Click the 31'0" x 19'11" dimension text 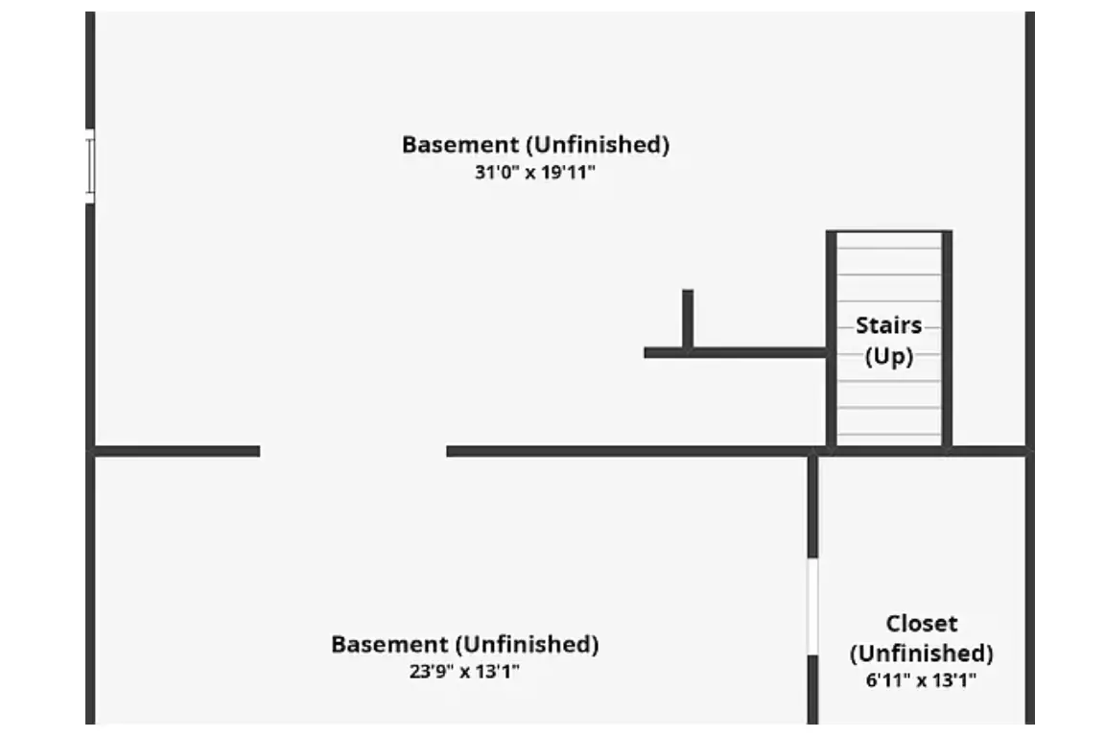pyautogui.click(x=535, y=172)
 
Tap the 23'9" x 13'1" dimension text pyautogui.click(x=464, y=672)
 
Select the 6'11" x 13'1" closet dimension pyautogui.click(x=921, y=680)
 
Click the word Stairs pyautogui.click(x=888, y=325)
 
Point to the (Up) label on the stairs pyautogui.click(x=888, y=356)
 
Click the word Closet pyautogui.click(x=922, y=624)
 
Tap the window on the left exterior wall pyautogui.click(x=89, y=166)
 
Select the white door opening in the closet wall pyautogui.click(x=812, y=606)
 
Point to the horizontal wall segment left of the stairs pyautogui.click(x=735, y=352)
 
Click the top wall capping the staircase pyautogui.click(x=889, y=232)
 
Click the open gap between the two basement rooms pyautogui.click(x=353, y=451)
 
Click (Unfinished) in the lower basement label pyautogui.click(x=528, y=645)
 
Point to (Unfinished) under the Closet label pyautogui.click(x=922, y=654)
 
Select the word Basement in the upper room pyautogui.click(x=460, y=145)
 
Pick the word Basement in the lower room pyautogui.click(x=390, y=644)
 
